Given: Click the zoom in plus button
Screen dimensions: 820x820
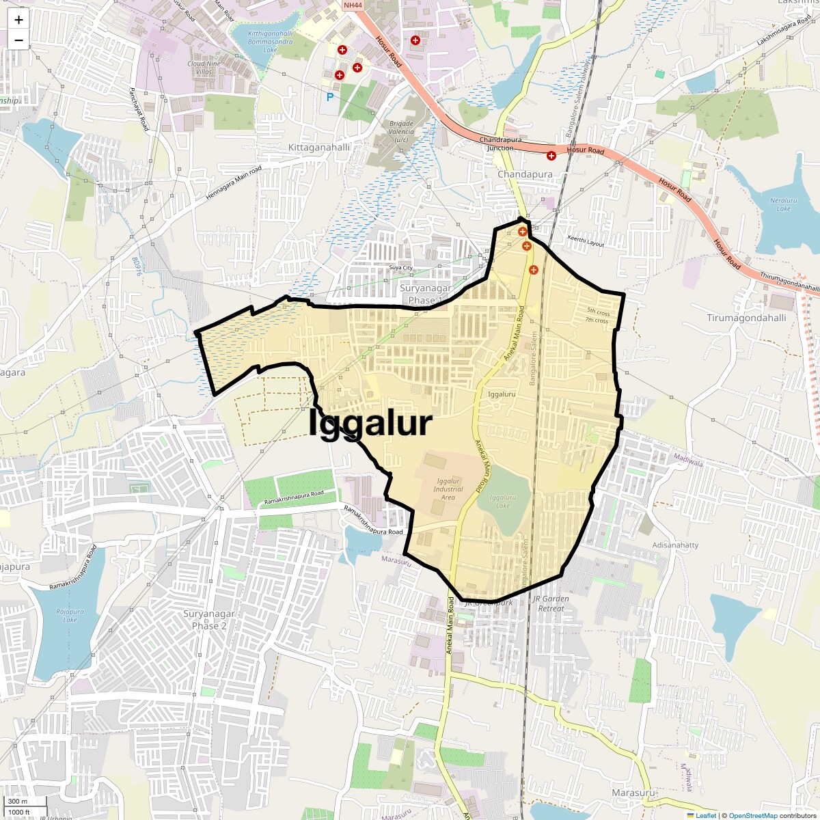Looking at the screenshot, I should (x=18, y=20).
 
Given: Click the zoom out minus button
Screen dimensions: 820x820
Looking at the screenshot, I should (x=18, y=40).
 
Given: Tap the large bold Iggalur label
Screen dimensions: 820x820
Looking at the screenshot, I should (x=370, y=423).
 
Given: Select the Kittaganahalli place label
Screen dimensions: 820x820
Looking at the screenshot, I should (x=319, y=148).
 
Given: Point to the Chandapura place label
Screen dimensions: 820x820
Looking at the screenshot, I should (x=525, y=174).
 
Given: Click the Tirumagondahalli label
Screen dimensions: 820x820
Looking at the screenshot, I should (x=746, y=318).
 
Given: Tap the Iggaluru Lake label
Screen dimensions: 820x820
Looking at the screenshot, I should (x=503, y=502).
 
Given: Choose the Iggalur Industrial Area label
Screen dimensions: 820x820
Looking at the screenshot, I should (x=448, y=489).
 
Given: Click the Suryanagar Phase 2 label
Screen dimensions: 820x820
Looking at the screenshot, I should (x=208, y=620).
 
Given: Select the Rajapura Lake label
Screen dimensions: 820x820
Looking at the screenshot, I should (x=70, y=616).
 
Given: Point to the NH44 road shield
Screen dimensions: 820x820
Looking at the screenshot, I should (x=353, y=5).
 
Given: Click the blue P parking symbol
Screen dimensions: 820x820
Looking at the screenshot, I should (x=330, y=97).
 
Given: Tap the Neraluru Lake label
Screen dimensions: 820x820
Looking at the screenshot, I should (x=784, y=204).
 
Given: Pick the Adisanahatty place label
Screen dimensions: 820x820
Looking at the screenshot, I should (x=675, y=545).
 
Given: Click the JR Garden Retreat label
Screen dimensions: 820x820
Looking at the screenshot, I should (x=551, y=603).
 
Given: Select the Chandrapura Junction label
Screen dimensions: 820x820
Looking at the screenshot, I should (x=500, y=143).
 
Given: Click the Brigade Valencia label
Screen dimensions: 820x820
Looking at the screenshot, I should (x=401, y=132).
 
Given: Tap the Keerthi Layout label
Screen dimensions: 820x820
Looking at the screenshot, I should (x=586, y=241).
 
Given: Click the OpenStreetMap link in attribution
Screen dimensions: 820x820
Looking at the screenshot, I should (x=752, y=815).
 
